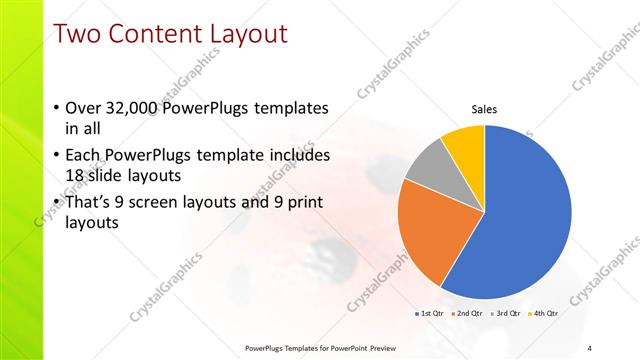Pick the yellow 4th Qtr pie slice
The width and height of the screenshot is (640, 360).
(464, 146)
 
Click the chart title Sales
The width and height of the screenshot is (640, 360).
(484, 109)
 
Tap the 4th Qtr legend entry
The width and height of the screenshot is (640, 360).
(544, 313)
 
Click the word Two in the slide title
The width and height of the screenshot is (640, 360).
(80, 34)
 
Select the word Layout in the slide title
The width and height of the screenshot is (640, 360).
(246, 34)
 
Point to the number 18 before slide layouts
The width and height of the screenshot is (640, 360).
(74, 176)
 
